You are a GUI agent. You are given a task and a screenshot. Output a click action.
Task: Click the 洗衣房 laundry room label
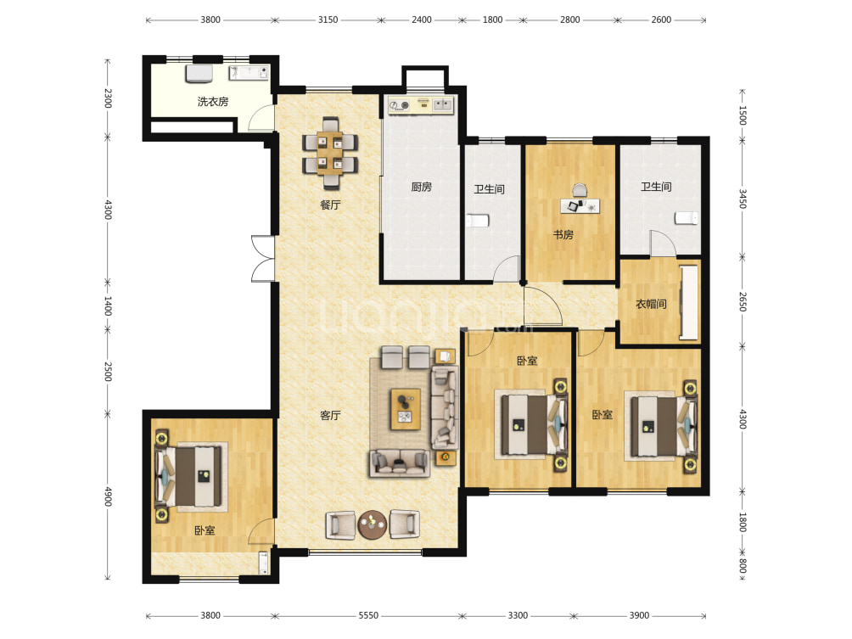pos(212,102)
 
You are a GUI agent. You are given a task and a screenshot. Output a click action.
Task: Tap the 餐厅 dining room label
pos(330,205)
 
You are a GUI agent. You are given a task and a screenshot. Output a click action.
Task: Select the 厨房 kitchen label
pos(421,187)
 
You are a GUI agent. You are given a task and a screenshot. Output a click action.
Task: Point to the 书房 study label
pos(563,235)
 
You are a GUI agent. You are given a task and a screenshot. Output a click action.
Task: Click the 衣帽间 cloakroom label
pos(651,304)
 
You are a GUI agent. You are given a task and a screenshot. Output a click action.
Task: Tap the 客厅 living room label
pos(330,416)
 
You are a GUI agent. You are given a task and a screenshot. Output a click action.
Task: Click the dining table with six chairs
pos(330,153)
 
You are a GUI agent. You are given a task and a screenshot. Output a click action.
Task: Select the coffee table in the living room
pos(406,409)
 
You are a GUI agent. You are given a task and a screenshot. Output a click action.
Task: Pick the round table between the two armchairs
pos(373,524)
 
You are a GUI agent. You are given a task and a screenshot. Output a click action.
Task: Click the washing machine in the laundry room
pos(199,73)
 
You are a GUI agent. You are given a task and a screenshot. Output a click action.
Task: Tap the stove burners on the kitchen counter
pos(400,105)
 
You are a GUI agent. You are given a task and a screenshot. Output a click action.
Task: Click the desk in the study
pos(580,206)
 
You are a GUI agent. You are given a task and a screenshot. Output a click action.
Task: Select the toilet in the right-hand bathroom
pos(687,218)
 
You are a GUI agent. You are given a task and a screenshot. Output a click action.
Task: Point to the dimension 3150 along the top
pos(328,20)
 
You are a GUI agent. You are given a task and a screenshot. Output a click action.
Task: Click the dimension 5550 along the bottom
pos(367,615)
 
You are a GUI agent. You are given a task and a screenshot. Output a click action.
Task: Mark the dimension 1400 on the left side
pos(108,305)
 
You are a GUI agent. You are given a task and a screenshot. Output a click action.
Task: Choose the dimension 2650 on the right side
pos(743,301)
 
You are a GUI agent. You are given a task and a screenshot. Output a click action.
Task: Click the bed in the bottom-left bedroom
pos(190,477)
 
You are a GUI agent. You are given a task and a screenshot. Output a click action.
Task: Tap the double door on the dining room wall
pos(263,259)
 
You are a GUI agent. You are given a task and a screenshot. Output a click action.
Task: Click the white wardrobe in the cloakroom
pos(689,303)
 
